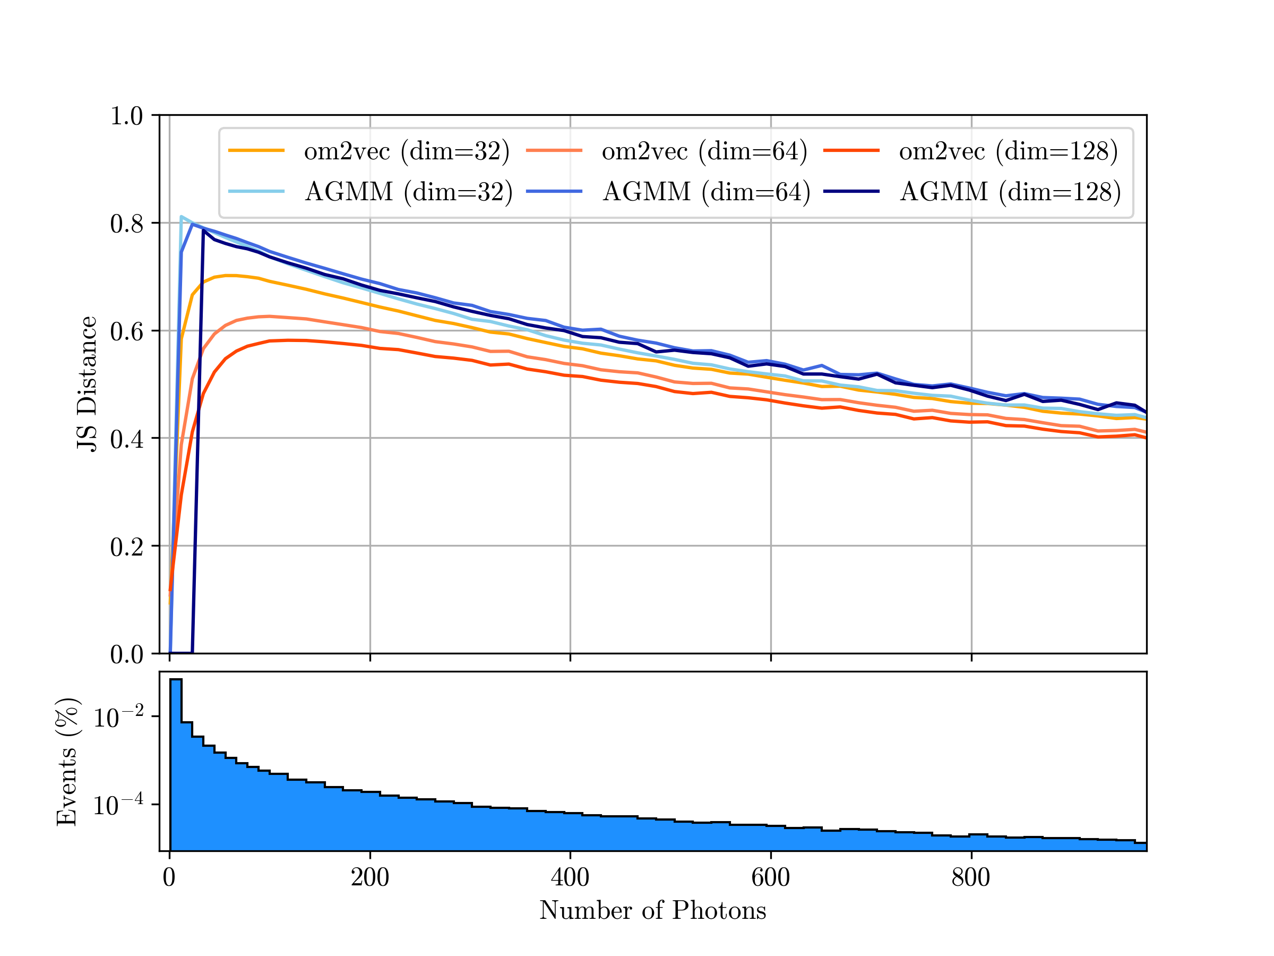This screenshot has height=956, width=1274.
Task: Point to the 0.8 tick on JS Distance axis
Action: [x=127, y=224]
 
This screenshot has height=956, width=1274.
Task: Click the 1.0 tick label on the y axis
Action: [x=127, y=116]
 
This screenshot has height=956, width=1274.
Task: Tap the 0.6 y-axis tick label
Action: [x=127, y=331]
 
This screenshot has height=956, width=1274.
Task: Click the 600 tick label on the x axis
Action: [x=771, y=877]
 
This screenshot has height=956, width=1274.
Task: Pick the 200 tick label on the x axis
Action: [x=370, y=877]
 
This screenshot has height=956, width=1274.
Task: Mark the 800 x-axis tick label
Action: [x=971, y=877]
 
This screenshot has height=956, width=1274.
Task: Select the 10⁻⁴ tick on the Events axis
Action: [x=118, y=805]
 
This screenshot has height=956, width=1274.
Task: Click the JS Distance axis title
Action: [x=87, y=384]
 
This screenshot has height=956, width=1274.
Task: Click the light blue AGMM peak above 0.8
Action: [x=182, y=217]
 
